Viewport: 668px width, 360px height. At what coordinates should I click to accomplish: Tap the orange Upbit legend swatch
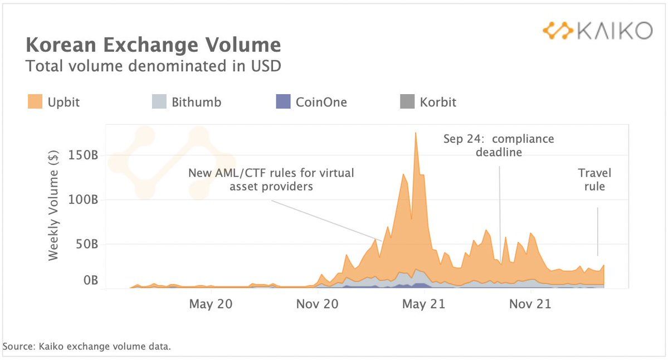(34, 102)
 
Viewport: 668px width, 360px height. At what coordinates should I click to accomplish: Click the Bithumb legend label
(196, 103)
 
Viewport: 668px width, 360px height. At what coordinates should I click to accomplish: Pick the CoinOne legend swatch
(283, 102)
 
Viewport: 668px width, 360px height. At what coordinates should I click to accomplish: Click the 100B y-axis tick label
(84, 199)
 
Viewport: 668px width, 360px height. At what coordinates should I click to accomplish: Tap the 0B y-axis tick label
(90, 280)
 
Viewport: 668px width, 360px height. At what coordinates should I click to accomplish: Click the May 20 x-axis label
(211, 304)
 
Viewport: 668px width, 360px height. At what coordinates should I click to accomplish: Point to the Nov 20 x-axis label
(317, 304)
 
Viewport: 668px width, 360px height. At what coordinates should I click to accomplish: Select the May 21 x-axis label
(425, 304)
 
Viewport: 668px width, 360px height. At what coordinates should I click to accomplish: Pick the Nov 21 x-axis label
(531, 304)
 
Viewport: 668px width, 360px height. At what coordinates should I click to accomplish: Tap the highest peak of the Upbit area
(416, 134)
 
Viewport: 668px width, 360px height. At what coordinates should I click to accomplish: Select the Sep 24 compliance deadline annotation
(499, 145)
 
